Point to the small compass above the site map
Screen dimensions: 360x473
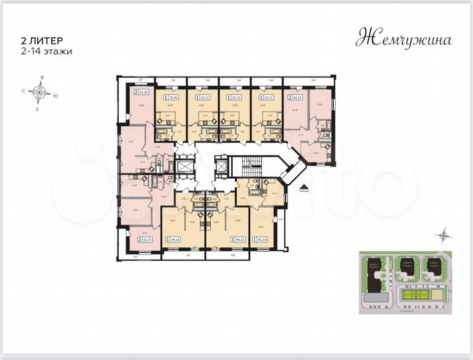pos(442,235)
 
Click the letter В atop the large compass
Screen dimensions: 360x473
pos(42,79)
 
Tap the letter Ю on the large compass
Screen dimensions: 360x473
pos(56,95)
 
